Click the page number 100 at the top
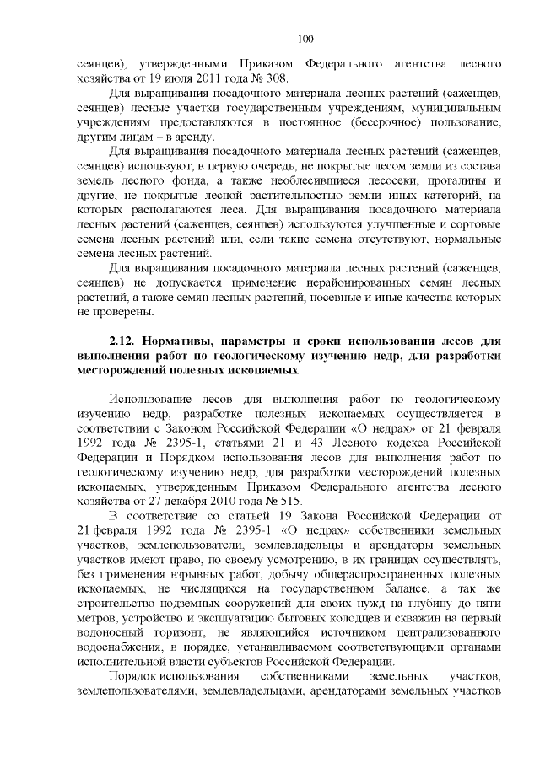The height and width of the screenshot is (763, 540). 305,38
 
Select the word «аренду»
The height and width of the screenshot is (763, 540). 192,137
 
